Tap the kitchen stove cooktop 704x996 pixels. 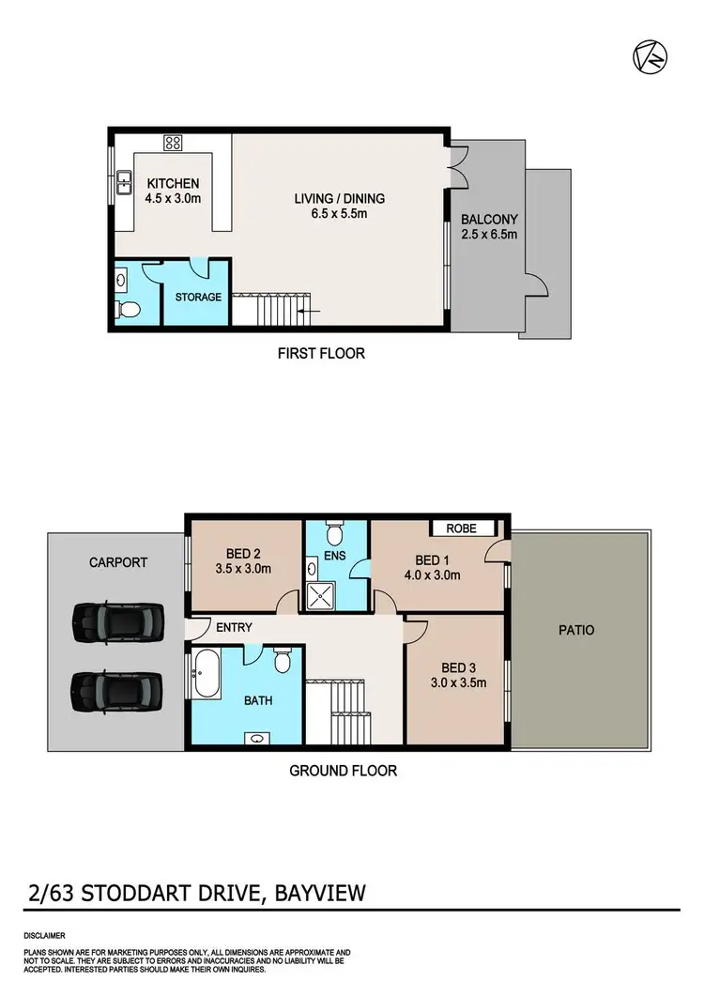[173, 144]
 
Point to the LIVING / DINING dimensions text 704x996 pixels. [339, 214]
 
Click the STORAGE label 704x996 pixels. [198, 297]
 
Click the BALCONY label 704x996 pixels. [489, 220]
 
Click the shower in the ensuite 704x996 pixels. [322, 591]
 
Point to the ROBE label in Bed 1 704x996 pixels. [462, 529]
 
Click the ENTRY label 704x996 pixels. [234, 628]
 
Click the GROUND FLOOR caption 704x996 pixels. [343, 771]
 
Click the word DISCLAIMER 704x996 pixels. [44, 936]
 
